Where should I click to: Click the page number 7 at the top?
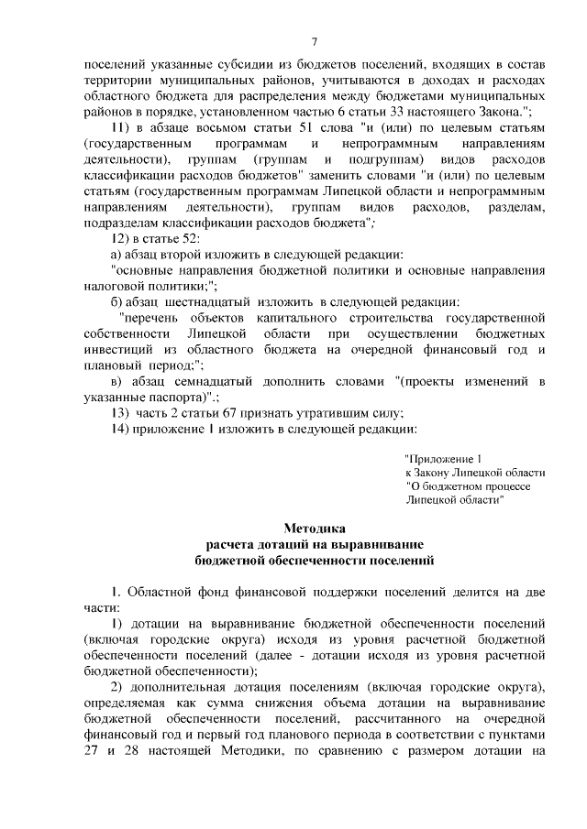(314, 42)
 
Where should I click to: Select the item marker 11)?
(120, 127)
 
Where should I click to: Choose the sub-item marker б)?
(116, 303)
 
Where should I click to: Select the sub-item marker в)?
(116, 380)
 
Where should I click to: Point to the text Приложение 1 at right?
(442, 458)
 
